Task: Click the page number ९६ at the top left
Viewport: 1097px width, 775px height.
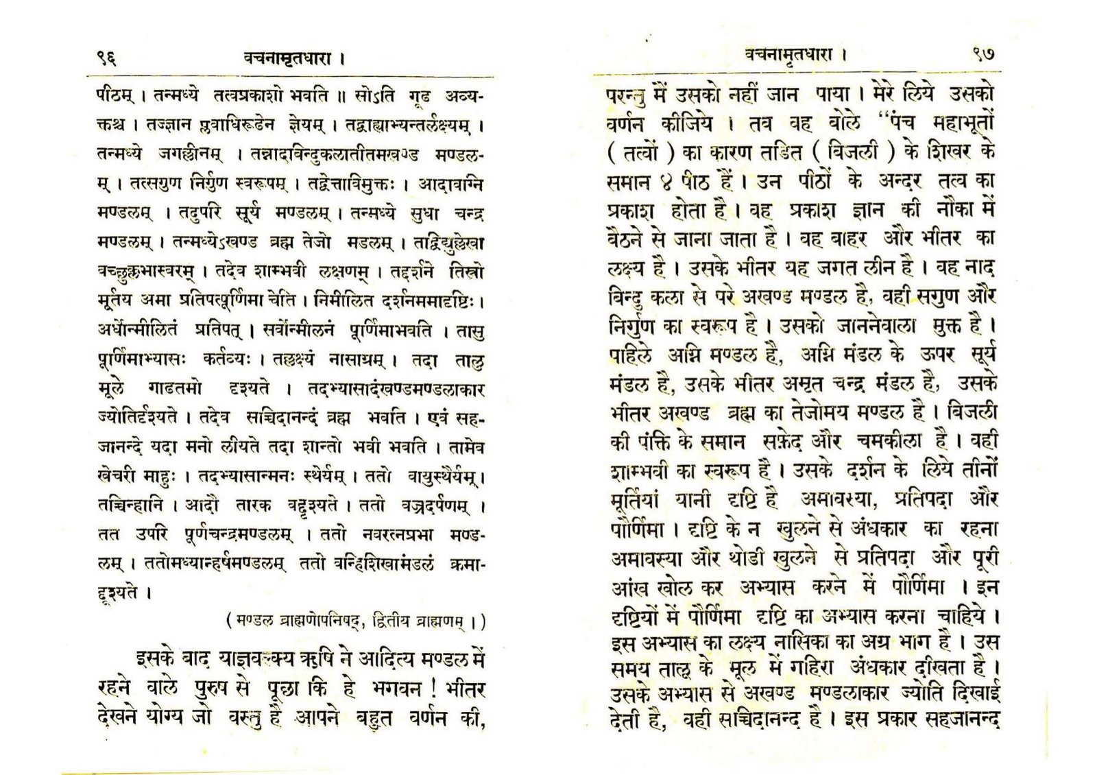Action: pyautogui.click(x=106, y=58)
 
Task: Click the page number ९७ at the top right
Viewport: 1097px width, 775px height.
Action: pyautogui.click(x=983, y=53)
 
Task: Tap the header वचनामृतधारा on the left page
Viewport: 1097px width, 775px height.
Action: pyautogui.click(x=288, y=58)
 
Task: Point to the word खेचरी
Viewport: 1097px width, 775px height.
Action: pyautogui.click(x=119, y=475)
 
